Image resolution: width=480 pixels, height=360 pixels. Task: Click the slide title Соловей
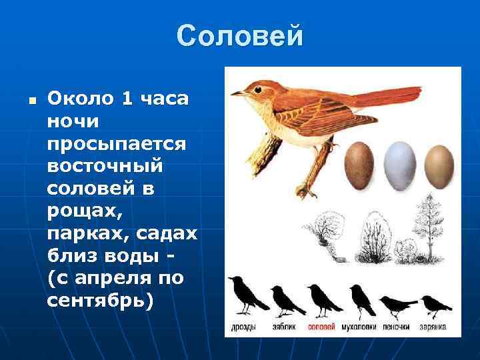[240, 36]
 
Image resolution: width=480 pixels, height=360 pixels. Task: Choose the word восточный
[111, 166]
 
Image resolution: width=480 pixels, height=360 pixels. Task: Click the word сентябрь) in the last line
[100, 301]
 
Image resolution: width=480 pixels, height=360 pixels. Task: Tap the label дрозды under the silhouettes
[243, 327]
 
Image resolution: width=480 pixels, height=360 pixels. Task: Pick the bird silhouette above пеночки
[399, 306]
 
